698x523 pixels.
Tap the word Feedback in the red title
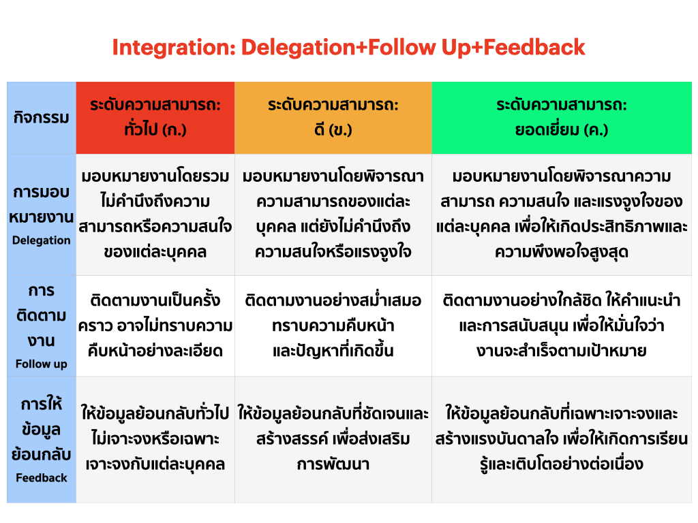tap(534, 47)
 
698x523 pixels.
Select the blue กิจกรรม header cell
tap(42, 118)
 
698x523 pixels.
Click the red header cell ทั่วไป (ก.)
tap(155, 118)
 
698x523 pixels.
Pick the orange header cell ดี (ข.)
tap(333, 118)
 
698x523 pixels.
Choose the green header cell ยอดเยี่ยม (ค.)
tap(562, 118)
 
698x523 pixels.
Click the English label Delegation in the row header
tap(42, 240)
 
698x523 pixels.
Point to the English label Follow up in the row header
tap(42, 364)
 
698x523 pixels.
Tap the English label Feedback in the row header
tap(42, 477)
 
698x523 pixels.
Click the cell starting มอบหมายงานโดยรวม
tap(155, 215)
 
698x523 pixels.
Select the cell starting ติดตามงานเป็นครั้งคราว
tap(155, 326)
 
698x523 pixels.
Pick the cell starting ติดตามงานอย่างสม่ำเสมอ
tap(333, 326)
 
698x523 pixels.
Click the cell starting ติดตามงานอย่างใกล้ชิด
tap(562, 326)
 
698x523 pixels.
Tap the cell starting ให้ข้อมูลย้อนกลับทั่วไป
tap(155, 439)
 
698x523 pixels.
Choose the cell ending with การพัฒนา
tap(333, 439)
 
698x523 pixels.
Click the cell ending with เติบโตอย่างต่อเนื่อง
tap(562, 439)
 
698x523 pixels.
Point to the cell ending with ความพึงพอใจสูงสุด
tap(562, 215)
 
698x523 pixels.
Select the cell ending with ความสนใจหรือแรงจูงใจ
tap(333, 215)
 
